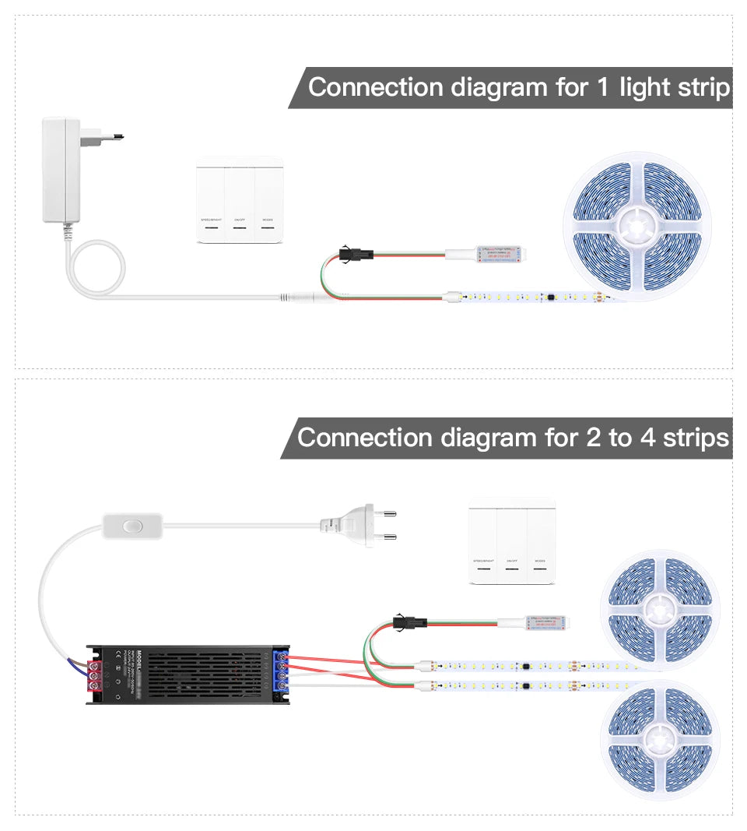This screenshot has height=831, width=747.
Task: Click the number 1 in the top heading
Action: click(x=601, y=87)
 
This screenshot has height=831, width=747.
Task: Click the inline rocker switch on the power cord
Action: click(x=130, y=527)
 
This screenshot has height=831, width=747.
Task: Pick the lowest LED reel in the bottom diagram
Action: click(x=660, y=739)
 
